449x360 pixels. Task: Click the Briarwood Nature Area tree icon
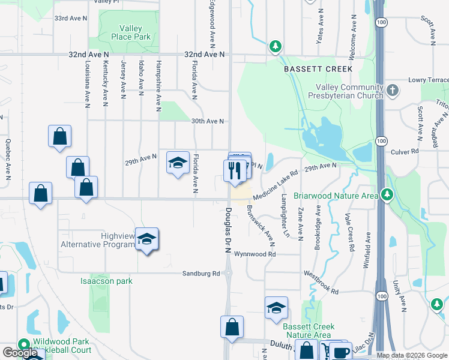387,194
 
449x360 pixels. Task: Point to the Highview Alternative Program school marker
146,239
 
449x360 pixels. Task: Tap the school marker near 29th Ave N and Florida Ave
178,163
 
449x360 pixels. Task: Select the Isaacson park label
106,281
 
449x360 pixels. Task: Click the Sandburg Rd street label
202,274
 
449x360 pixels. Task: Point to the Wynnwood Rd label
255,254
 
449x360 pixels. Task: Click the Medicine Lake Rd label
276,185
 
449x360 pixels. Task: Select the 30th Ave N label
208,121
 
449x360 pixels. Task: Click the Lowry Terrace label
428,80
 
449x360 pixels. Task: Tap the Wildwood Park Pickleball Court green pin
24,345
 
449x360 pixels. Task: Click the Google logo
19,353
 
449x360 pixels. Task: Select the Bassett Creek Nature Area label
306,331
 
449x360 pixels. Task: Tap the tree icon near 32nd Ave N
275,46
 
